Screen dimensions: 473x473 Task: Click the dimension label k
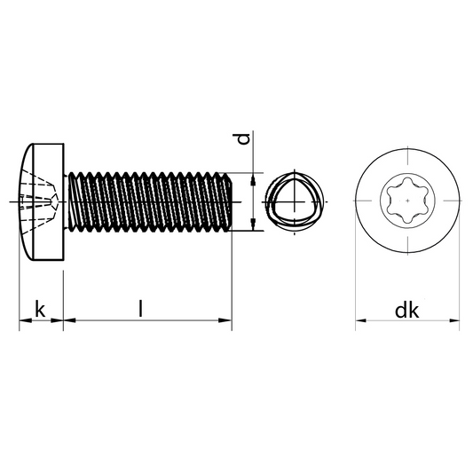tap(40, 309)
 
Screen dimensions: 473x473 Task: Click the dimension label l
tap(140, 308)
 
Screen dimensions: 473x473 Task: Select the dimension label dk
tap(407, 311)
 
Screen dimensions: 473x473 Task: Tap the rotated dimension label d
tap(243, 138)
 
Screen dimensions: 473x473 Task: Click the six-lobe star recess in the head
tap(407, 201)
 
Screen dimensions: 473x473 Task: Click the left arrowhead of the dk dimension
tap(361, 320)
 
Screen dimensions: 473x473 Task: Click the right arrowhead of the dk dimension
tap(454, 320)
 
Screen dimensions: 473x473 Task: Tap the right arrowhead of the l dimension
tap(225, 320)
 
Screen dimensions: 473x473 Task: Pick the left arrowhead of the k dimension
tap(26, 320)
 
